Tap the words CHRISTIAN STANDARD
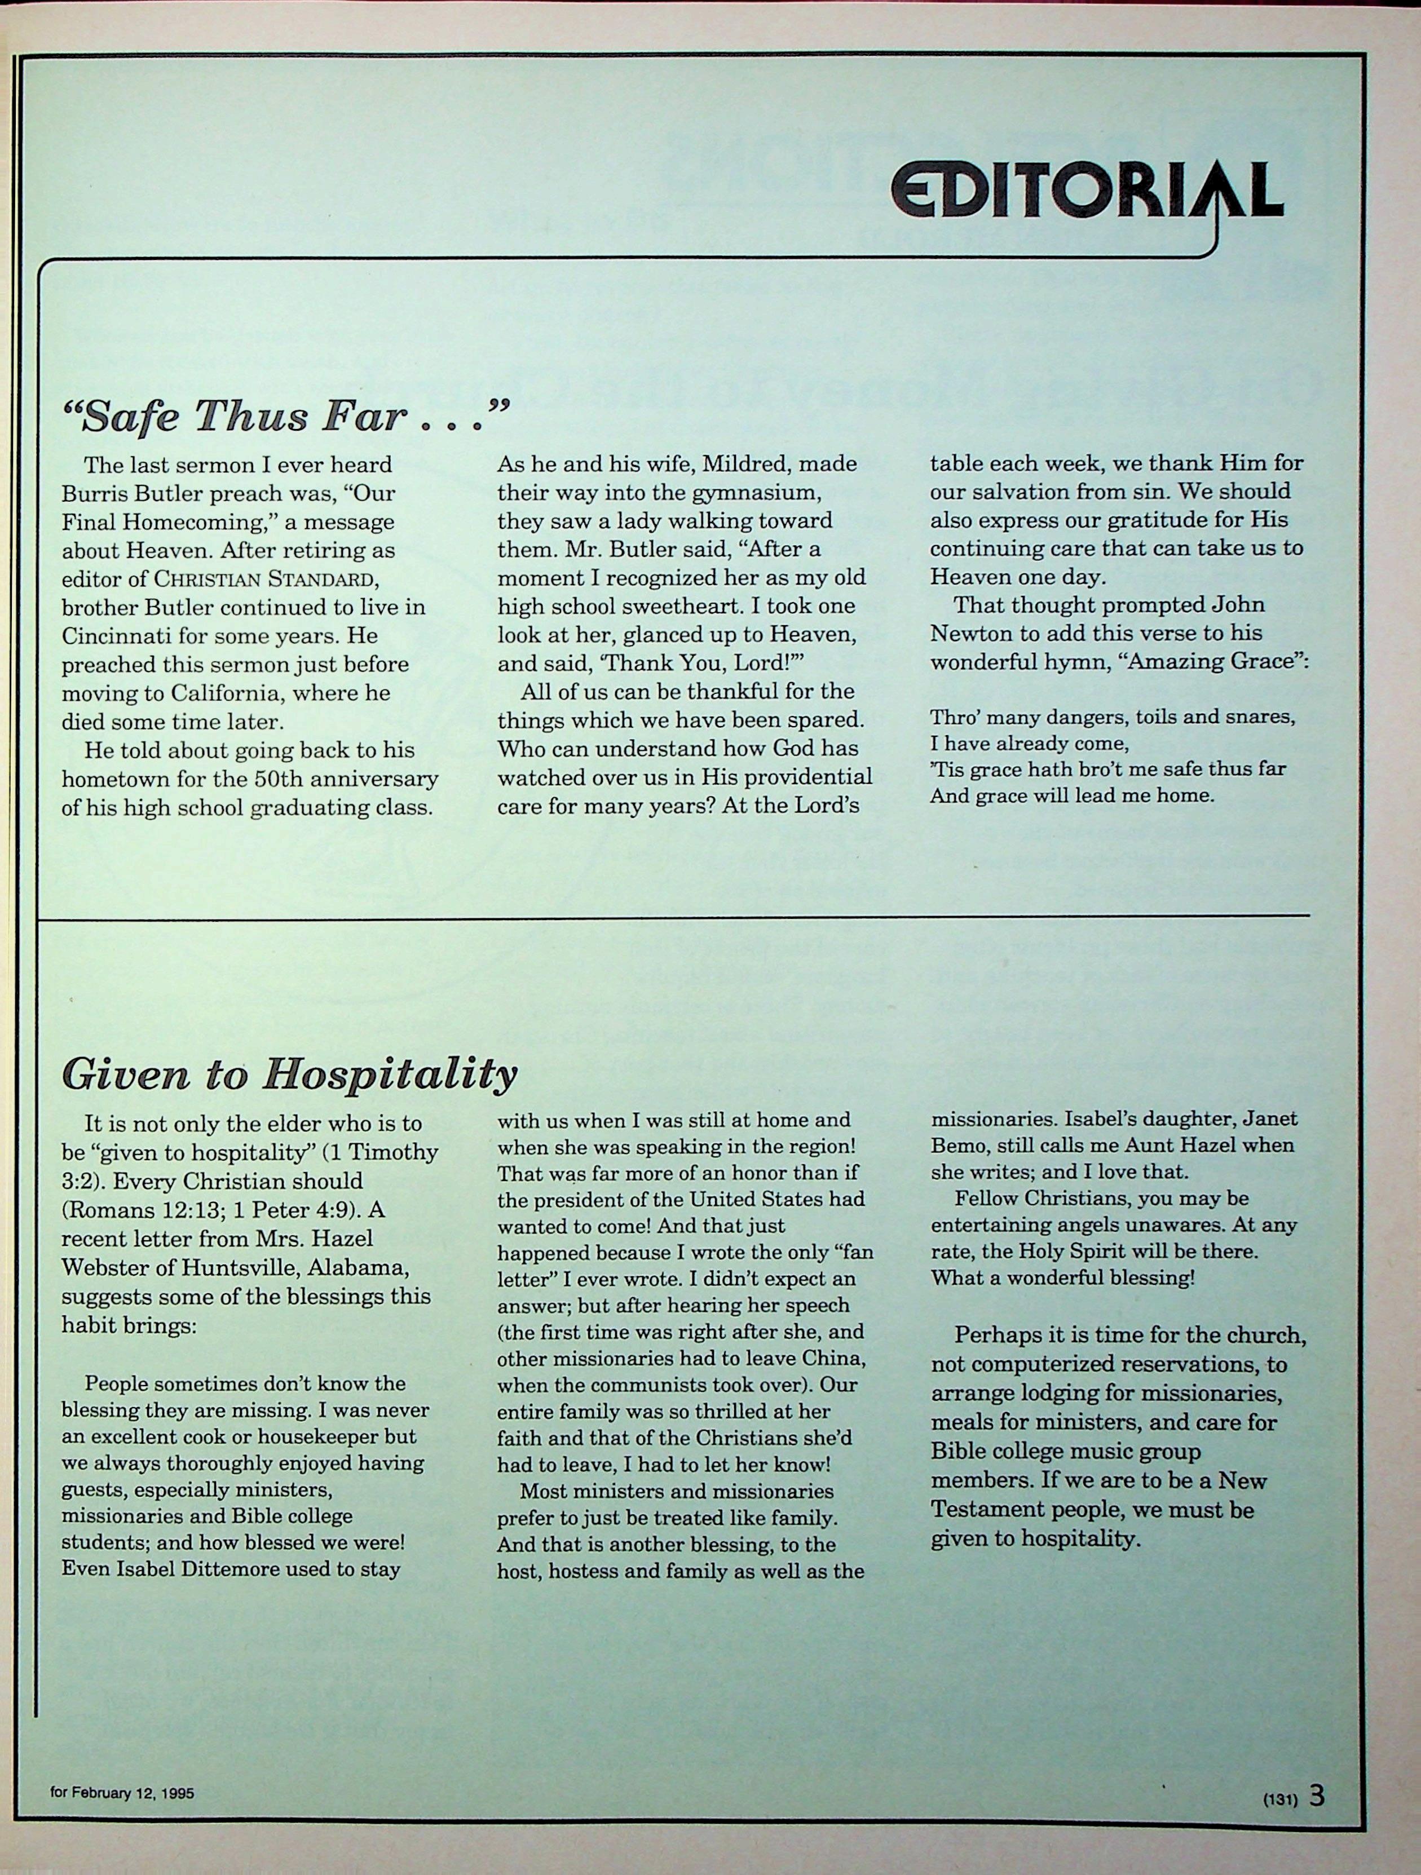[264, 580]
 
